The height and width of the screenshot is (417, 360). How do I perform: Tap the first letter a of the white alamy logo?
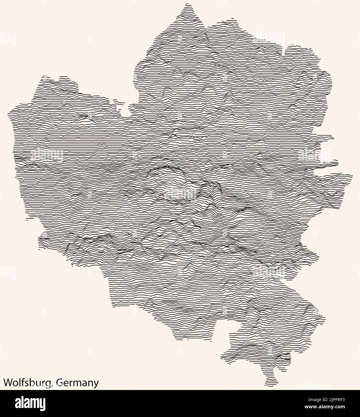[18, 404]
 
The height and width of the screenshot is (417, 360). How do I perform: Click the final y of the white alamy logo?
[43, 404]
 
